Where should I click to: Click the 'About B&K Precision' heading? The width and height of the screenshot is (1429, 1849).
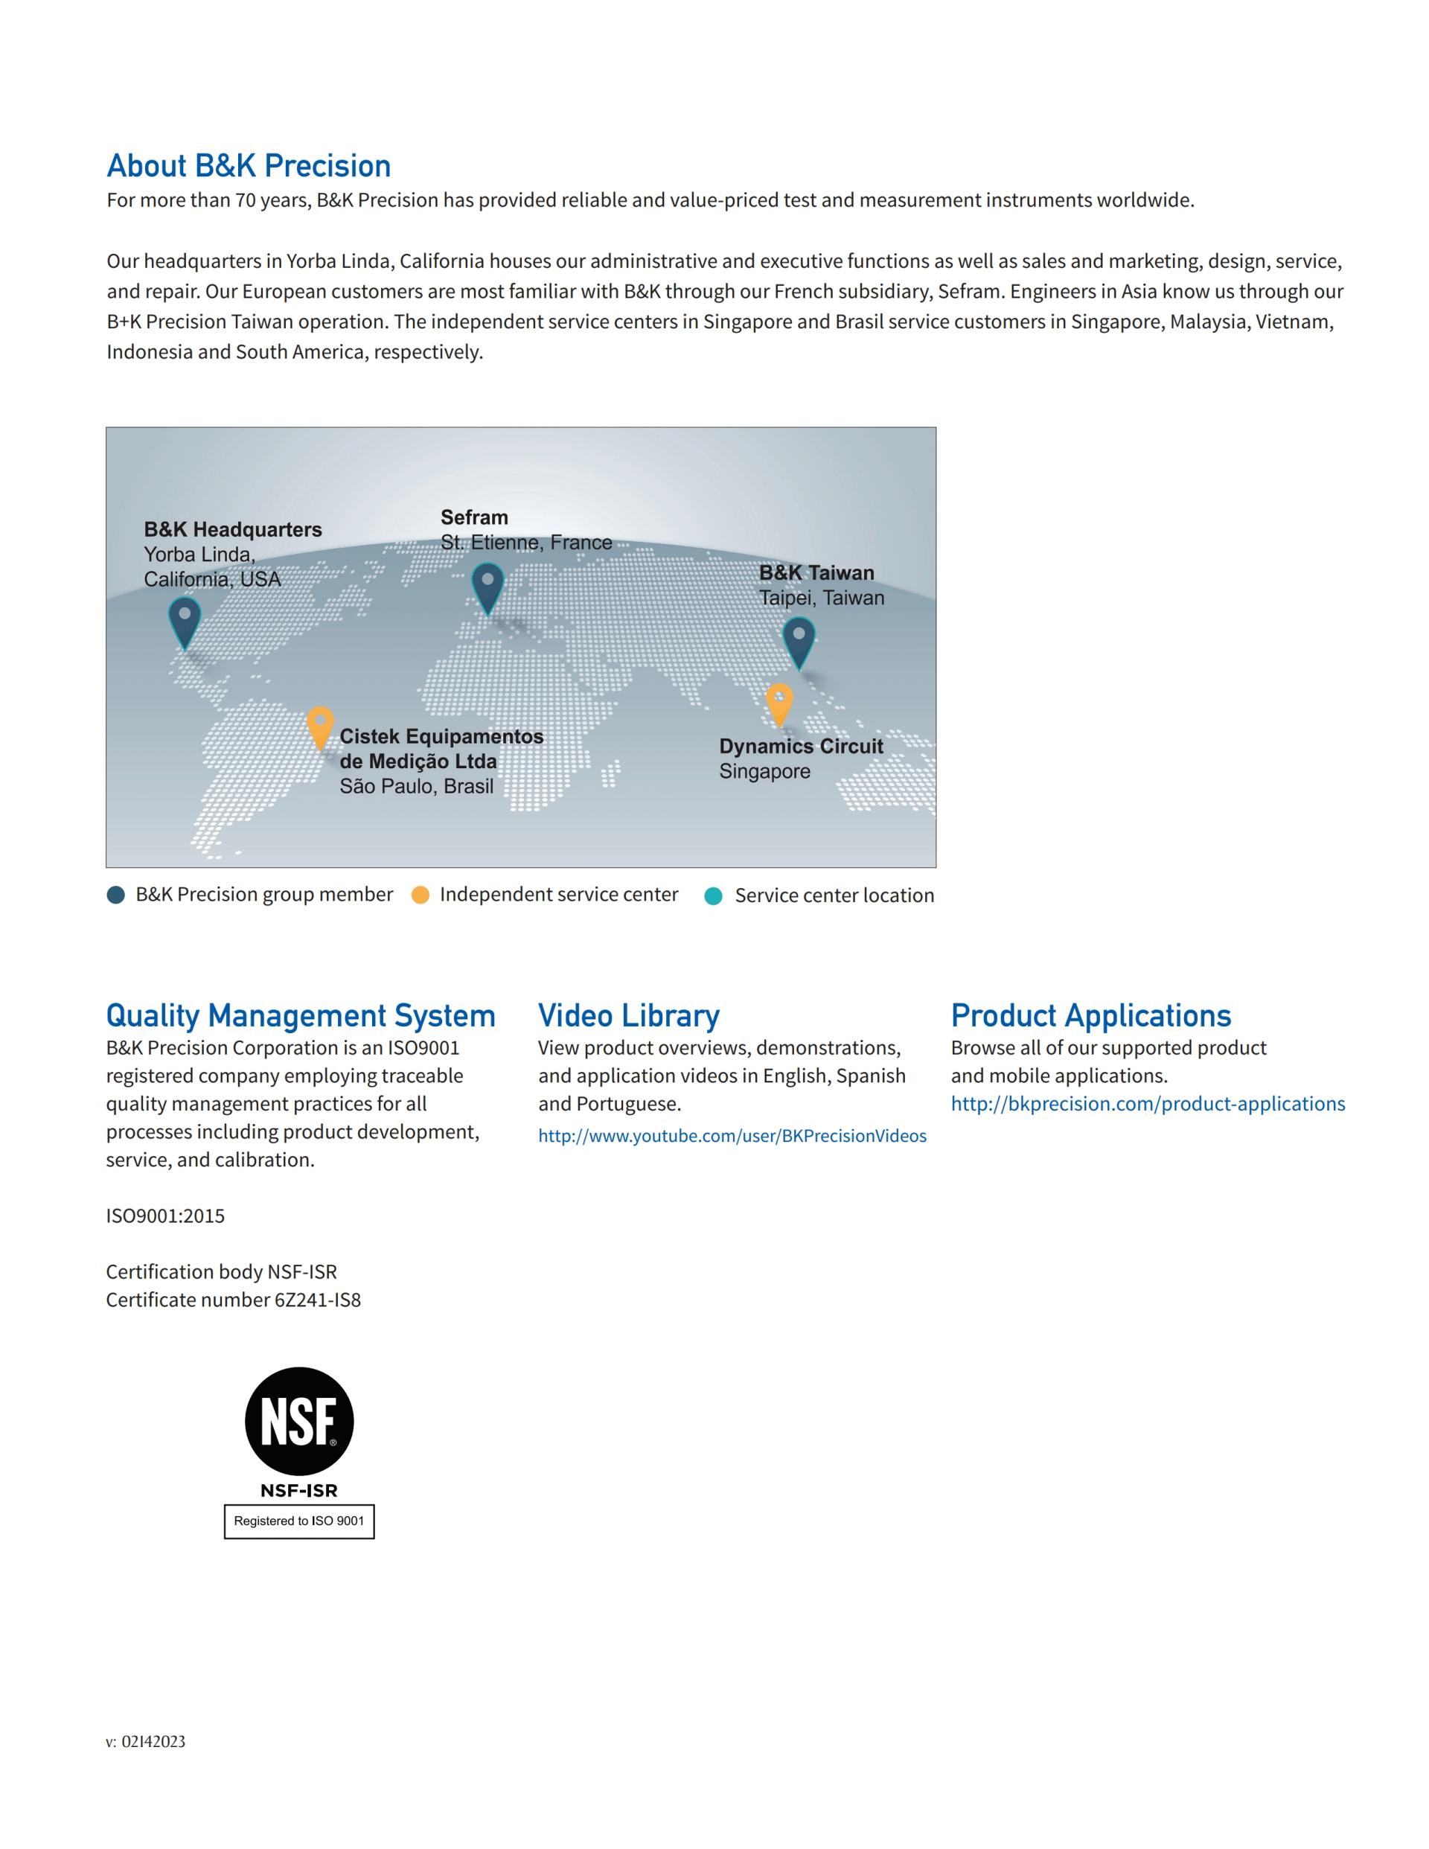pos(248,166)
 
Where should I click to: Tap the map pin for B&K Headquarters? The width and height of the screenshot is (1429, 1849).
pos(185,621)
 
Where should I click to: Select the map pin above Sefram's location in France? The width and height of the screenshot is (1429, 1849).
pos(487,587)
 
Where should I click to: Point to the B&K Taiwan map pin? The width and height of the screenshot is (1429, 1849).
pos(799,641)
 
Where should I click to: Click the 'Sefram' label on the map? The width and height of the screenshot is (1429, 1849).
pos(474,517)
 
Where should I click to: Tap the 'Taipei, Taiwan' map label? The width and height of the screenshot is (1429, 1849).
pos(821,598)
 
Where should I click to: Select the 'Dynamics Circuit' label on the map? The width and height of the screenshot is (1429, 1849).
pos(801,746)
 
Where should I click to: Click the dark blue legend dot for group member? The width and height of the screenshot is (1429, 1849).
pos(116,895)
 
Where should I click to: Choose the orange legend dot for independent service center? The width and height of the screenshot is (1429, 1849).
pos(420,895)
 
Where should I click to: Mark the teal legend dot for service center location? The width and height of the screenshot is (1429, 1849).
pos(714,895)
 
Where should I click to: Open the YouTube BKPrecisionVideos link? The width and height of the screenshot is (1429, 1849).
pos(732,1136)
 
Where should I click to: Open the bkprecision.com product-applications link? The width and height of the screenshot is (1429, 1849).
pos(1147,1104)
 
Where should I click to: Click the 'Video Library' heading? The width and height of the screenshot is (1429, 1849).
pos(629,1015)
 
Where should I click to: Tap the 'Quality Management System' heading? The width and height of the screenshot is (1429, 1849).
pos(301,1015)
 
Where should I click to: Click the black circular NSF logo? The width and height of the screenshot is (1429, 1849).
pos(299,1420)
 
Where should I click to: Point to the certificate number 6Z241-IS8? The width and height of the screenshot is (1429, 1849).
pos(318,1300)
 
